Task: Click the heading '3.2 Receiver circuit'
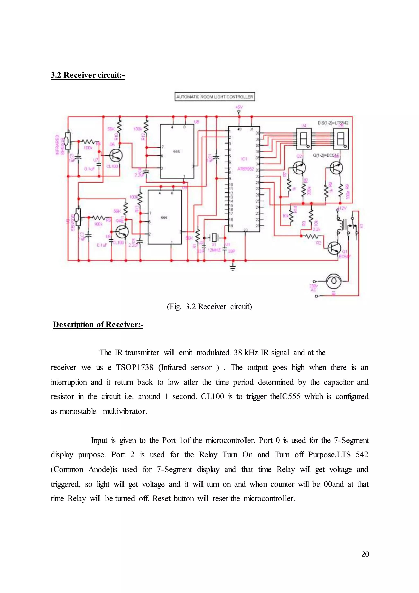point(88,75)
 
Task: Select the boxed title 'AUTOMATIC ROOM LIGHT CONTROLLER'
point(215,97)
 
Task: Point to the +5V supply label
point(239,107)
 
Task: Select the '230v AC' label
point(313,288)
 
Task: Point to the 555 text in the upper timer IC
point(177,152)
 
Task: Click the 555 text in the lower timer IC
point(164,218)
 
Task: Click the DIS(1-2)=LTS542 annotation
point(333,123)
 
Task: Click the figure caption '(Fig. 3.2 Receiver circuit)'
point(209,307)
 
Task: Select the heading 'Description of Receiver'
point(98,324)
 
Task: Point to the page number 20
point(365,554)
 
